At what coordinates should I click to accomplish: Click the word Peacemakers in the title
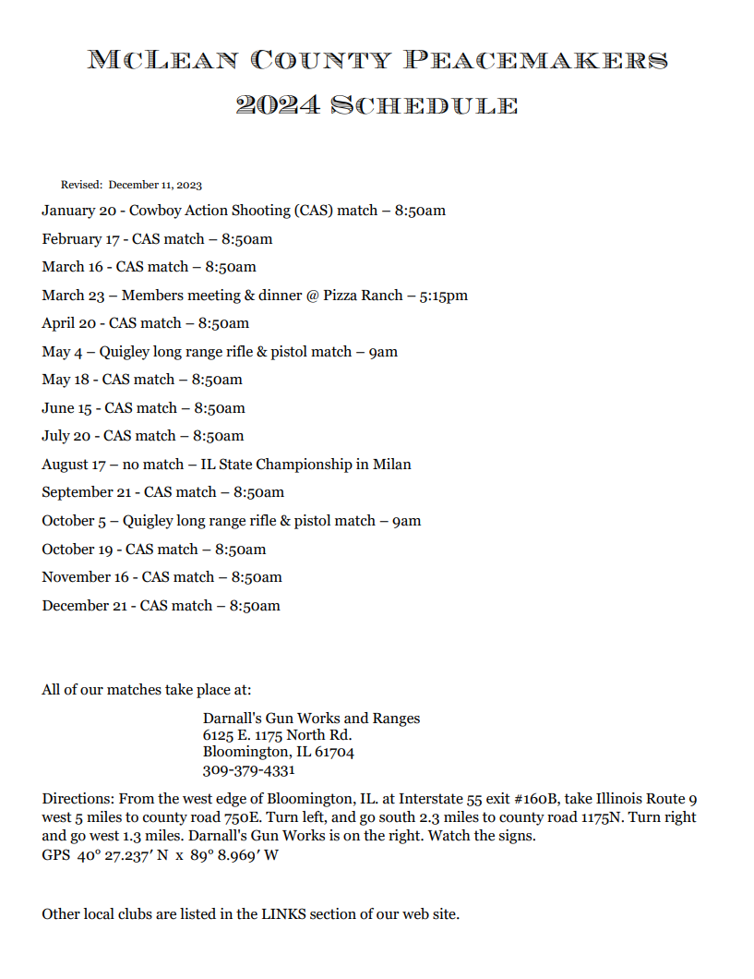pos(535,61)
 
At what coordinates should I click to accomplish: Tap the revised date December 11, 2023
pos(155,185)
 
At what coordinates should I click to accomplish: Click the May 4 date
pos(61,352)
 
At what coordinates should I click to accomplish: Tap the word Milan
pos(392,465)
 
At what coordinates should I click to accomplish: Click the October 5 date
pos(74,521)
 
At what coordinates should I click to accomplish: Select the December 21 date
pos(81,606)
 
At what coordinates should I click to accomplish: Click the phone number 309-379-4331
pos(248,770)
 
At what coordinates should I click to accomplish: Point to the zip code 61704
pos(334,753)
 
